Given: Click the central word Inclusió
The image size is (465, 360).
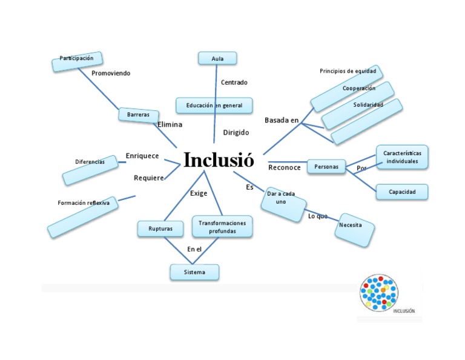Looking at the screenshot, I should tap(219, 160).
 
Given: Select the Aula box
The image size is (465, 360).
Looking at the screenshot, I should tap(217, 58).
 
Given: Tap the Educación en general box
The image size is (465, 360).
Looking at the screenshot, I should tap(214, 105).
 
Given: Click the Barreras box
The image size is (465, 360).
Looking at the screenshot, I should tap(138, 115).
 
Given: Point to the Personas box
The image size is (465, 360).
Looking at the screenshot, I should tap(326, 166).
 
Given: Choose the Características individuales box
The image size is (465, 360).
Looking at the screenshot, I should tap(402, 158).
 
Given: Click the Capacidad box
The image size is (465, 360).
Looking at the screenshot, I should tap(402, 192).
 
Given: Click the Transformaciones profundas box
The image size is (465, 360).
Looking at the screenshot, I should tap(222, 227).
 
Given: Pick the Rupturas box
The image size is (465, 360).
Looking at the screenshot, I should tap(160, 229).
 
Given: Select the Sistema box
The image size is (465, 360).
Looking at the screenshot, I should tap(194, 272).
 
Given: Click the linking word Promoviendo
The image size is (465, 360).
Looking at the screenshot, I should tap(111, 73).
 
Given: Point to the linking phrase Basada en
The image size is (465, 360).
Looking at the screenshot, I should tap(282, 120).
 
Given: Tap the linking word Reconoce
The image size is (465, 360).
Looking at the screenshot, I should tap(285, 167).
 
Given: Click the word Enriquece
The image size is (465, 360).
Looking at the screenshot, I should tap(142, 156).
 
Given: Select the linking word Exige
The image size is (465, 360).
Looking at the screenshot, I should tap(199, 193).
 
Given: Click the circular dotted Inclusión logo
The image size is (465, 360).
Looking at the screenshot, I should tap(378, 293).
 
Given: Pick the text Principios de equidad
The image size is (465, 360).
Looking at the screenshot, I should tap(348, 72).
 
